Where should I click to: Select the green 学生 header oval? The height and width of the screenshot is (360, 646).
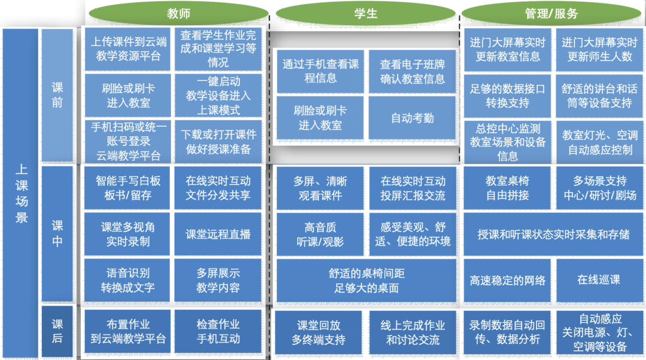click(x=365, y=13)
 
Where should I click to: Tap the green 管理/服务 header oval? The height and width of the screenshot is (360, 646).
click(x=551, y=13)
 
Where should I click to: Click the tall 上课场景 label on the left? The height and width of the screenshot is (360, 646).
click(x=21, y=194)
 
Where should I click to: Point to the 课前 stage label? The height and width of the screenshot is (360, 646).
click(x=57, y=95)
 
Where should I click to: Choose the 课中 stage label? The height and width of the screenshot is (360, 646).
click(x=57, y=234)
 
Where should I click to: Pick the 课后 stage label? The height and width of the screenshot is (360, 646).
click(x=57, y=332)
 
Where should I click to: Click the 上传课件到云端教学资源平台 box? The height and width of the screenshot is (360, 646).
click(x=128, y=49)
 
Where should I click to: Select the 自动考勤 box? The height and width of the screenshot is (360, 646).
click(x=412, y=118)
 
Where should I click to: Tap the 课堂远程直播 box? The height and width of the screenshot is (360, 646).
click(x=218, y=234)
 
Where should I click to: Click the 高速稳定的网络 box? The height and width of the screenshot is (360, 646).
click(x=507, y=280)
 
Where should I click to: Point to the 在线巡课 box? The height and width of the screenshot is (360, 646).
click(x=599, y=280)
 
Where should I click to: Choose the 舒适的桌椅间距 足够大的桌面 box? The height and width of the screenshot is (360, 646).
click(x=366, y=280)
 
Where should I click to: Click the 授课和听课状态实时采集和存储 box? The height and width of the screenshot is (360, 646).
click(x=553, y=234)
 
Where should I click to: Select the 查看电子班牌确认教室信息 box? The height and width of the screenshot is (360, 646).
click(x=412, y=71)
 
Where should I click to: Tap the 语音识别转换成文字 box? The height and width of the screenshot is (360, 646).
click(x=128, y=280)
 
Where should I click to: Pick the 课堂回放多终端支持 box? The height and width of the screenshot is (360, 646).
click(x=319, y=332)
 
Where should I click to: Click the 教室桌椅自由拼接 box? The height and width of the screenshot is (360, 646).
click(x=507, y=188)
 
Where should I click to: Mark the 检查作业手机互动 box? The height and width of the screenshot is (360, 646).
click(x=218, y=332)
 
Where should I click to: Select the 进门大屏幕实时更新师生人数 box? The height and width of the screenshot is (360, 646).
click(x=599, y=49)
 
